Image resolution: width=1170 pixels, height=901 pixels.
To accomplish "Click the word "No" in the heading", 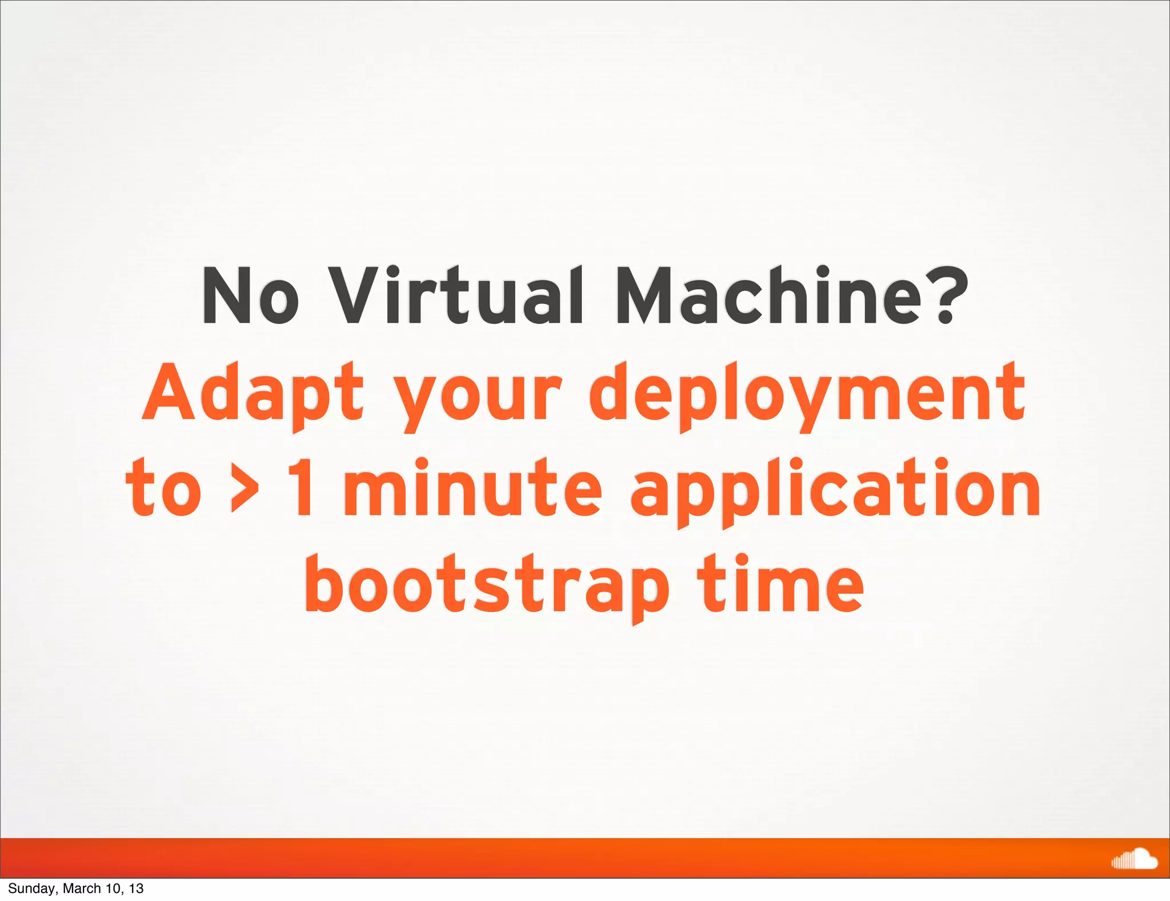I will [250, 296].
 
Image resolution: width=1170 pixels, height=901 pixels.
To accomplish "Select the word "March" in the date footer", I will [81, 888].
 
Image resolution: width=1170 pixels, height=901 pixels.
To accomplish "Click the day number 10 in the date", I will [113, 888].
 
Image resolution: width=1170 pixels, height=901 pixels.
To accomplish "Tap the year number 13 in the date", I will [136, 888].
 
